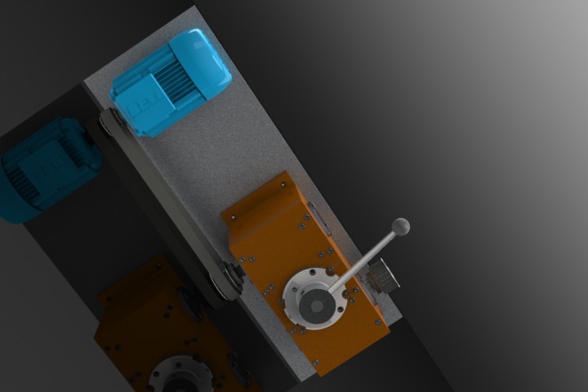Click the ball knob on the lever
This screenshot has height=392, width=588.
(x=400, y=226)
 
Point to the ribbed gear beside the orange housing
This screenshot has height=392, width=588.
(x=383, y=277)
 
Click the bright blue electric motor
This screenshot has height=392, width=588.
(x=171, y=82)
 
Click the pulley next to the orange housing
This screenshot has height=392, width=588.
(x=228, y=282)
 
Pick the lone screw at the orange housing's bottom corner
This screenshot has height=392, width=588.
(x=314, y=360)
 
